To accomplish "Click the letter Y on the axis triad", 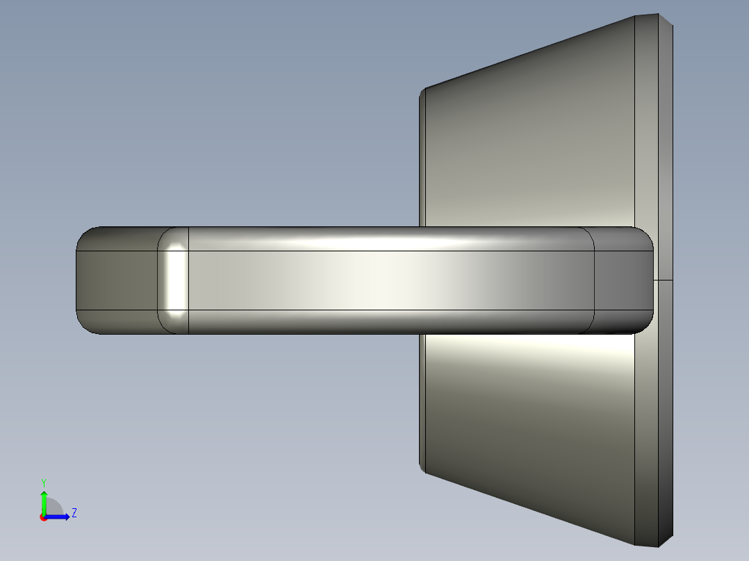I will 43,482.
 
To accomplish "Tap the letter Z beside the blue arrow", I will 74,513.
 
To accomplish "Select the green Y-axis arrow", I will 43,501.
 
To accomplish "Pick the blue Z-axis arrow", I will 60,517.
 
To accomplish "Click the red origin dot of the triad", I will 43,517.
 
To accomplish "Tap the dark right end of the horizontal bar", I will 623,280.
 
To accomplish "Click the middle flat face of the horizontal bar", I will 389,280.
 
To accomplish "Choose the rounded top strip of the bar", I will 389,238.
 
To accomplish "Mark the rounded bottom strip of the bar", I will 389,322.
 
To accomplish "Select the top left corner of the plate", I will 424,90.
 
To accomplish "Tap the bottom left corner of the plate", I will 424,471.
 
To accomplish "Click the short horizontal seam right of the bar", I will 664,280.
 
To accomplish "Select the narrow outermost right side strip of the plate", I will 666,174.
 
